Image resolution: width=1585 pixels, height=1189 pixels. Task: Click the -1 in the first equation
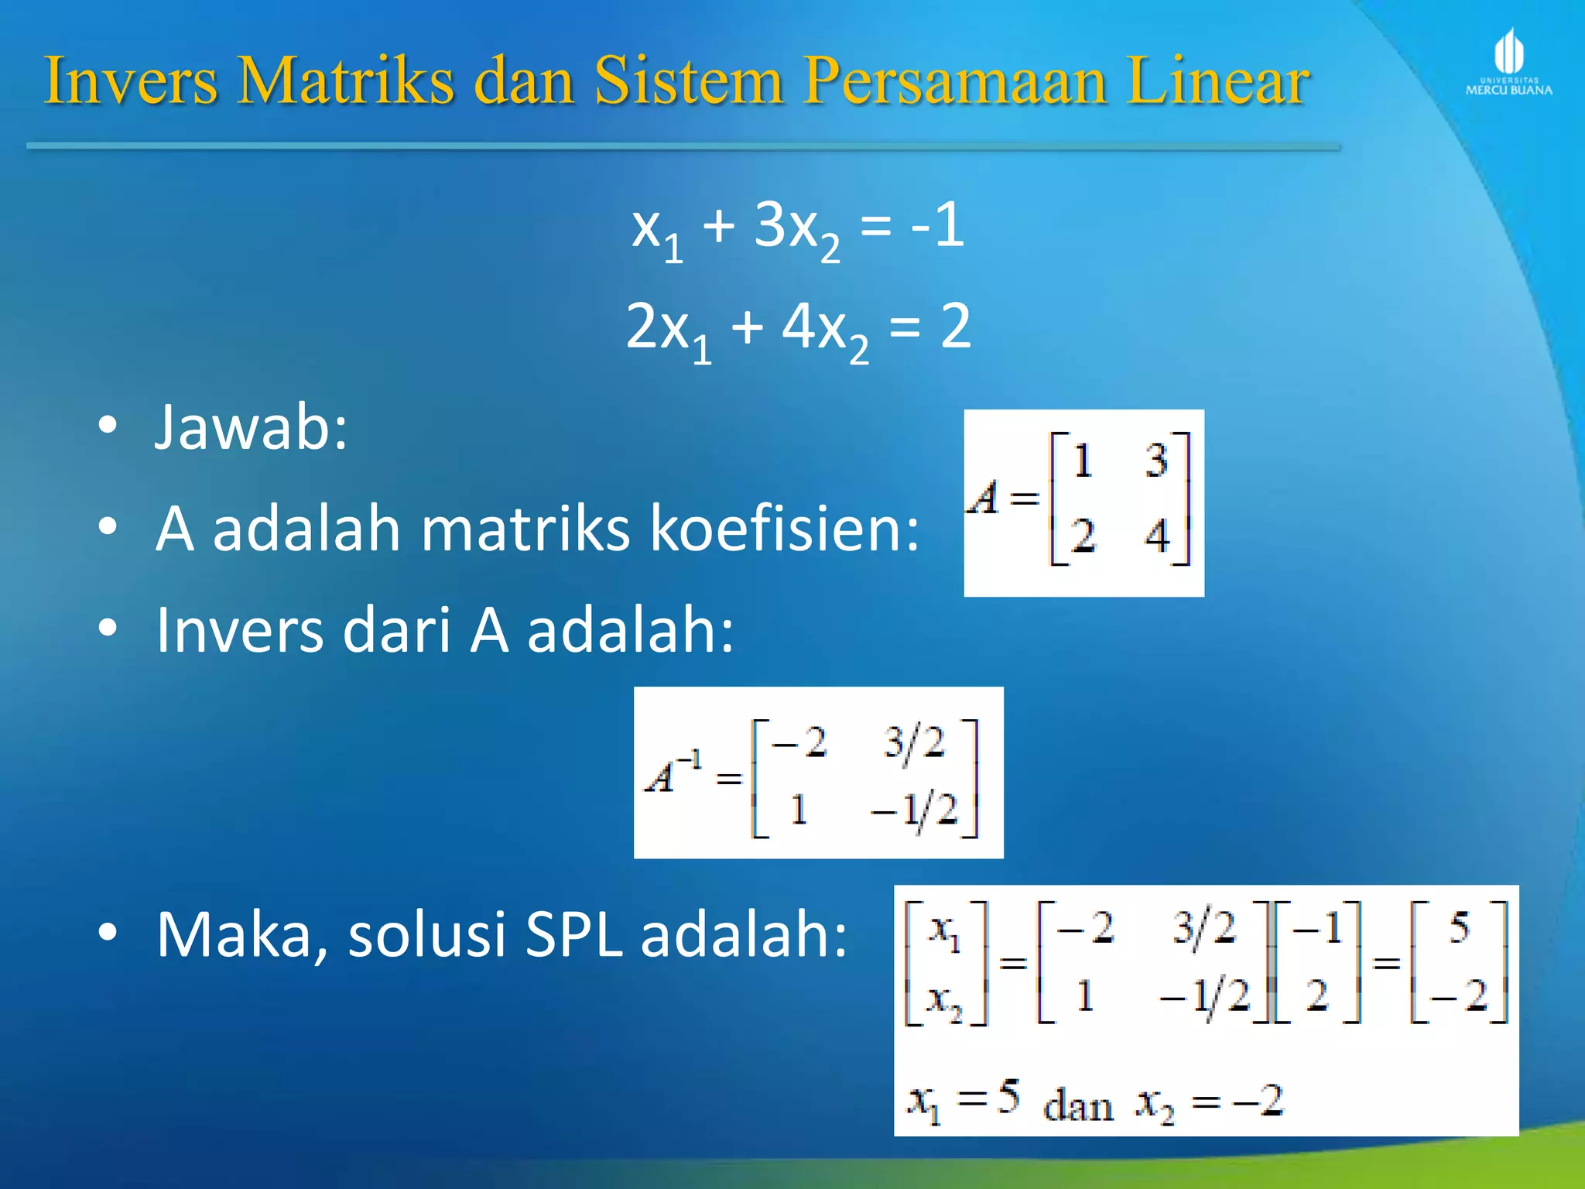pyautogui.click(x=937, y=225)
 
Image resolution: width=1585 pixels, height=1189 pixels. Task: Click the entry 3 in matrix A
pyautogui.click(x=1156, y=460)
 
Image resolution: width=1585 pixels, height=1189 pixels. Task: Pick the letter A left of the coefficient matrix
pyautogui.click(x=984, y=498)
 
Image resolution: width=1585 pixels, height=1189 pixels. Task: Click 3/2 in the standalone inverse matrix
pyautogui.click(x=914, y=743)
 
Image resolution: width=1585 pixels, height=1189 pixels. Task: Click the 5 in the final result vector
pyautogui.click(x=1459, y=927)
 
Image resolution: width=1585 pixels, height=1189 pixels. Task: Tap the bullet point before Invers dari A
pyautogui.click(x=108, y=628)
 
